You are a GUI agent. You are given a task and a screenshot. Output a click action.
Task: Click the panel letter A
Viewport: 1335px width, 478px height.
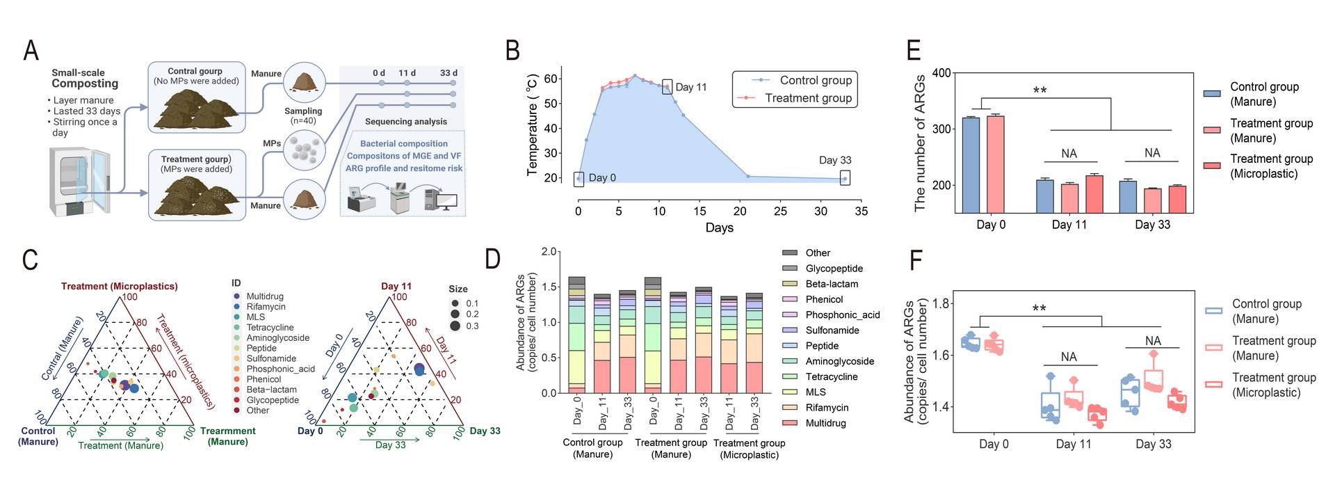click(31, 51)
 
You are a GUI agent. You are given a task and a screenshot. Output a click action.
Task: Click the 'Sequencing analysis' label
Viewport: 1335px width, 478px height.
click(406, 122)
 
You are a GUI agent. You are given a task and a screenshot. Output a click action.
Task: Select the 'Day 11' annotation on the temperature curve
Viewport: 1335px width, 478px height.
click(690, 87)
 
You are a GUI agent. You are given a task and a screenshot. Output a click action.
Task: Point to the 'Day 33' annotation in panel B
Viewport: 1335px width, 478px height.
click(834, 160)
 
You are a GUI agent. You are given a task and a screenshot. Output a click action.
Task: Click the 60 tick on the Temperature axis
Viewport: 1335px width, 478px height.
click(550, 79)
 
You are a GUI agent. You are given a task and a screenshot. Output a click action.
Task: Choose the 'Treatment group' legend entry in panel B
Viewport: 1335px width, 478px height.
click(808, 98)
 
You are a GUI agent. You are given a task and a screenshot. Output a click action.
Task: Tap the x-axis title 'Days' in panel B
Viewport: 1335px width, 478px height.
click(719, 228)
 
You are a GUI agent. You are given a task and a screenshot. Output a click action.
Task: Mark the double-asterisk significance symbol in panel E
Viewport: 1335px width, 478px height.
click(1039, 90)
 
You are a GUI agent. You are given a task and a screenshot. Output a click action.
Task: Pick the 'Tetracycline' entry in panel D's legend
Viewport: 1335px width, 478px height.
click(831, 376)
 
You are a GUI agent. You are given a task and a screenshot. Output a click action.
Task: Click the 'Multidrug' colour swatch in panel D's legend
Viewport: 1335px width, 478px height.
click(790, 423)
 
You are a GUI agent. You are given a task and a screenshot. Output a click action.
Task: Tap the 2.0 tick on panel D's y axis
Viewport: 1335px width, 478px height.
click(549, 252)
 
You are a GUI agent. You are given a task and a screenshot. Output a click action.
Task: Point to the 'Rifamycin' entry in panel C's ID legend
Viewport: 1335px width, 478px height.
click(266, 307)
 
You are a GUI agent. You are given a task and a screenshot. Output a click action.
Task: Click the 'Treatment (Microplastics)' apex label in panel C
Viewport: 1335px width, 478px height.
click(119, 286)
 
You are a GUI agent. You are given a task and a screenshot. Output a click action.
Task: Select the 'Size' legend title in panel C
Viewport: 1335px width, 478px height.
click(458, 289)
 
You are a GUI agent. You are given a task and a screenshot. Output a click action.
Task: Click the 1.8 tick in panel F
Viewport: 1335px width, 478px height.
click(941, 303)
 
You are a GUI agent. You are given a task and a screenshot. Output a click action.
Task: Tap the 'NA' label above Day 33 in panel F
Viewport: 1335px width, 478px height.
click(1153, 341)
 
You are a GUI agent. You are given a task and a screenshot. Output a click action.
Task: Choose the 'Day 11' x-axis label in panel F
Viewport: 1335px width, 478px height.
click(1073, 444)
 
